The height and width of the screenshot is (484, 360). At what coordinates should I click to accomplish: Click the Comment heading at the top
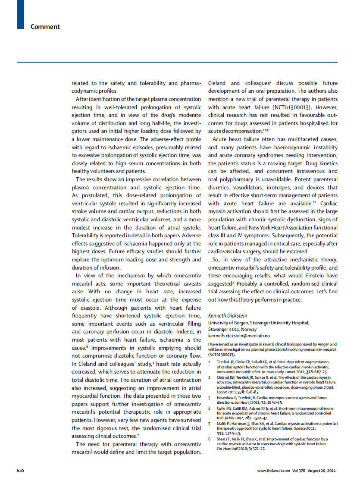click(45, 27)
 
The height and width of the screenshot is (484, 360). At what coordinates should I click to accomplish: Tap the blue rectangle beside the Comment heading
click(20, 15)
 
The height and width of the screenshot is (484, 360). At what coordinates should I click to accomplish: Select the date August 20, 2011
click(322, 470)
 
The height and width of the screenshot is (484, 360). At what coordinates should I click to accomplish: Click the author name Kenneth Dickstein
click(228, 315)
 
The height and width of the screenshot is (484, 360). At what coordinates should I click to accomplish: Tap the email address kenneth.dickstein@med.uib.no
click(239, 335)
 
